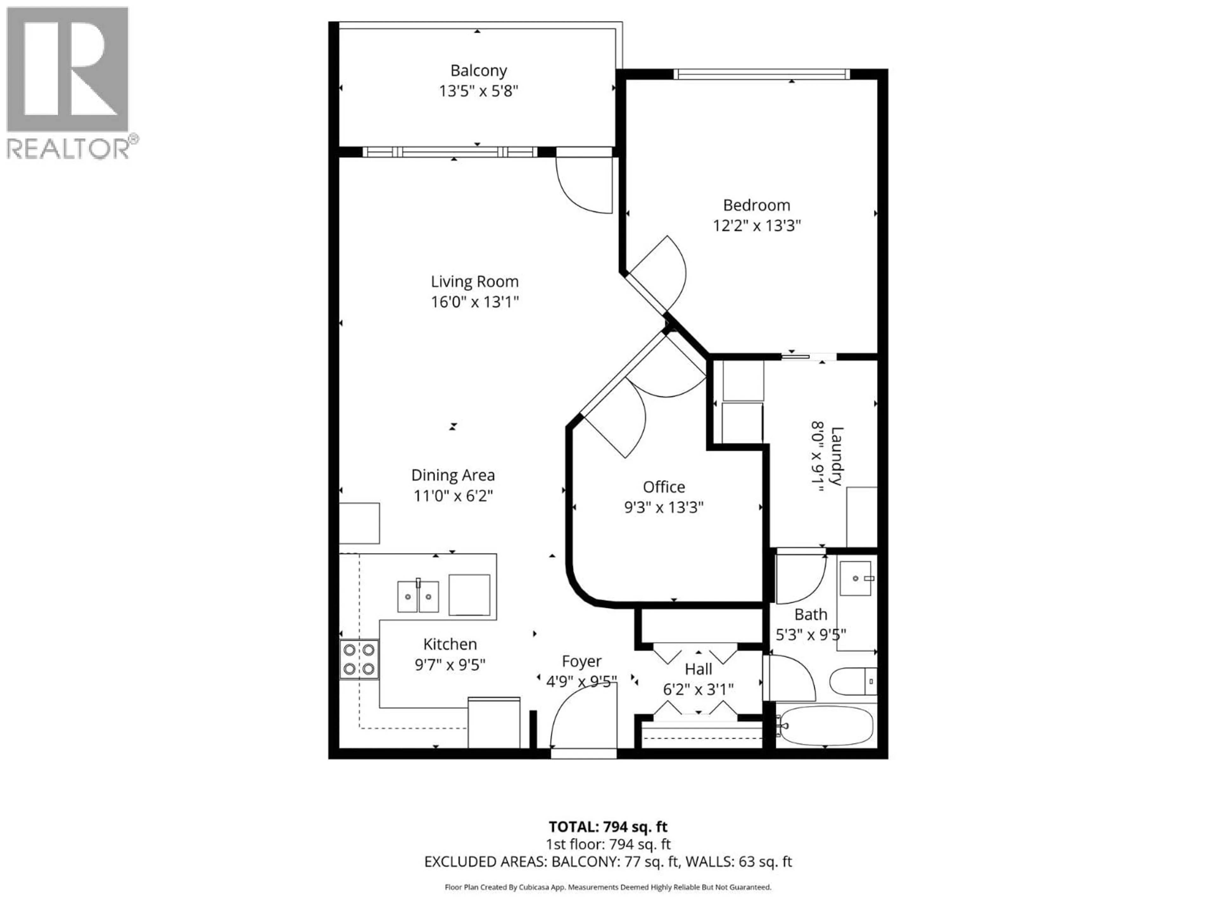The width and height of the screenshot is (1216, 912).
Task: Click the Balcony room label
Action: (x=478, y=70)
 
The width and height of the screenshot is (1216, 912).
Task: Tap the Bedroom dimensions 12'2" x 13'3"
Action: (x=757, y=225)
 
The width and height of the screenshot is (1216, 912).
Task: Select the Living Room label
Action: (x=474, y=282)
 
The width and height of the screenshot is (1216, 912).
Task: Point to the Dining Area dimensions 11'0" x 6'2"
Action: (x=453, y=495)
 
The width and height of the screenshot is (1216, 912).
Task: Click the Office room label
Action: (x=663, y=486)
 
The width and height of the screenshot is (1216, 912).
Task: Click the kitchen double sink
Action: (x=418, y=597)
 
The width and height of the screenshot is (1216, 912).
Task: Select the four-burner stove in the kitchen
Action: (x=359, y=659)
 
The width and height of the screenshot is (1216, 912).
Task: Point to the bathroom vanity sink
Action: (x=855, y=578)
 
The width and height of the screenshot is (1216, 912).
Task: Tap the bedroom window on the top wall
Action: (x=761, y=74)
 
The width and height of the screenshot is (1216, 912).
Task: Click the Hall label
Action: (x=698, y=669)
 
